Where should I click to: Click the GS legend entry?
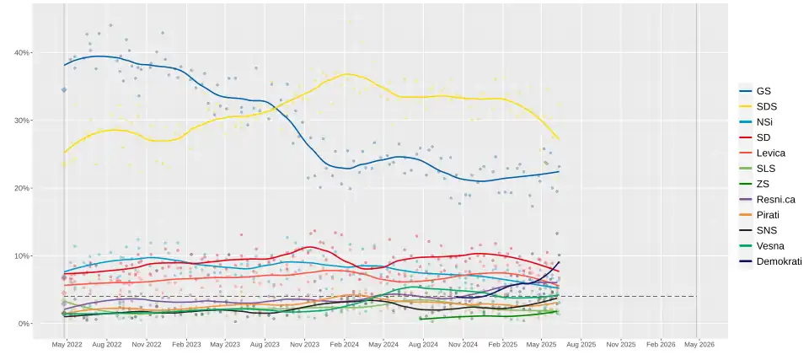(x=763, y=90)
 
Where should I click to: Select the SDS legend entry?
(x=766, y=106)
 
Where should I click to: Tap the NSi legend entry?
(x=764, y=121)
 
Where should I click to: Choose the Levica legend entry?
(x=770, y=153)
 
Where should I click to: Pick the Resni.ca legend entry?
(x=775, y=199)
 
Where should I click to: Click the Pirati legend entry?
(x=767, y=215)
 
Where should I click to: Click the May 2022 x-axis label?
(x=67, y=345)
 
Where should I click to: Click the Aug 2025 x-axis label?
(x=581, y=345)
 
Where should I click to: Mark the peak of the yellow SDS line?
(x=346, y=74)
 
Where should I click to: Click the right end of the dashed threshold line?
(x=696, y=296)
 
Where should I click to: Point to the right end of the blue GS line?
(x=560, y=171)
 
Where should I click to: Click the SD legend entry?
(x=763, y=137)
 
